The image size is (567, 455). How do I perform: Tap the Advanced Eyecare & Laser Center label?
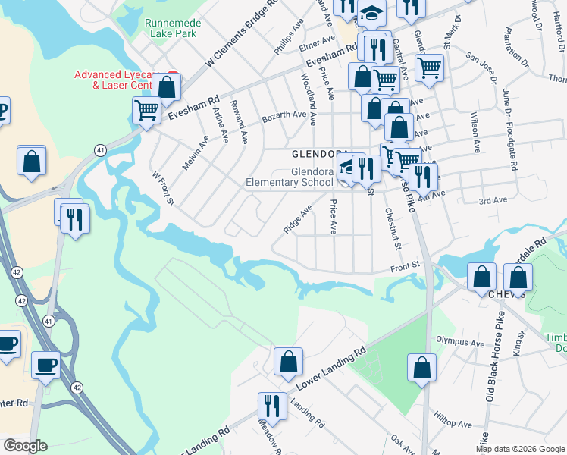pyautogui.click(x=121, y=80)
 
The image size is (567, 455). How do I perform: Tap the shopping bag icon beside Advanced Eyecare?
pyautogui.click(x=167, y=87)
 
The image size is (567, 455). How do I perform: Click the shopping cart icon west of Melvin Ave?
pyautogui.click(x=146, y=110)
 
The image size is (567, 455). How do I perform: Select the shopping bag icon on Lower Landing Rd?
pyautogui.click(x=288, y=362)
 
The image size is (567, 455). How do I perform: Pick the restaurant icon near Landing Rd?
pyautogui.click(x=271, y=406)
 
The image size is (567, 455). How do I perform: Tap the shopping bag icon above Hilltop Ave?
pyautogui.click(x=422, y=368)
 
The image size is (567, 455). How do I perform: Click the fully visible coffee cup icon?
pyautogui.click(x=45, y=365)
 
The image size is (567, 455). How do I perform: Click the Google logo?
pyautogui.click(x=24, y=446)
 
